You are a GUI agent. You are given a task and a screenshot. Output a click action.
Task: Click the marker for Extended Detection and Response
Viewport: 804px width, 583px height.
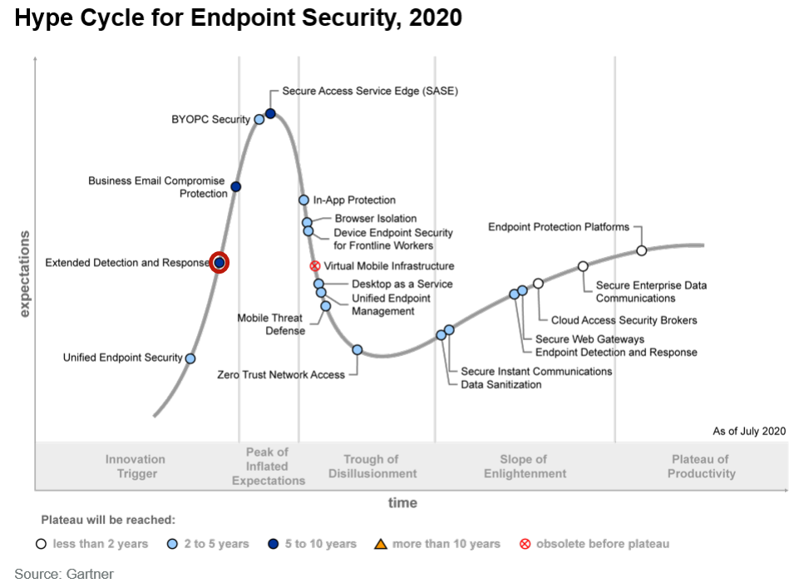click(219, 263)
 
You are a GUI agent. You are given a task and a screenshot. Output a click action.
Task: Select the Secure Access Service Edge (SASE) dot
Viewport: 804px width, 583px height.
click(270, 113)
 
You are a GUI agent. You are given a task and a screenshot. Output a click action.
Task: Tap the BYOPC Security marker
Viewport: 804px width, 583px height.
click(259, 120)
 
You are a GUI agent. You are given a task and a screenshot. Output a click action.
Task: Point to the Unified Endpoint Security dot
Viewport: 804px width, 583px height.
click(190, 358)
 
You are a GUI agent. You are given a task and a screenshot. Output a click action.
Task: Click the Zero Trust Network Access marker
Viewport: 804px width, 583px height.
click(357, 350)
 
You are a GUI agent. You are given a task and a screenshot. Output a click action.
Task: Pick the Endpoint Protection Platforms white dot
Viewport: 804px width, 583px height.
click(641, 250)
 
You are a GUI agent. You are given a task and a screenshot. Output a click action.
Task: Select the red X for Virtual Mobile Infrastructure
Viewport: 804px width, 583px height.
click(315, 266)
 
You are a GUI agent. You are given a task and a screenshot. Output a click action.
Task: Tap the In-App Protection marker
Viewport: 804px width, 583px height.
click(304, 200)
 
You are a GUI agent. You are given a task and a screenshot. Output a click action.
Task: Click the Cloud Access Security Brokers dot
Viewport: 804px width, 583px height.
click(538, 284)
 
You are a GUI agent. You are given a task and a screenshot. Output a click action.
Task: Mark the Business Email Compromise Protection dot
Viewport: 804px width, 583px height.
click(235, 187)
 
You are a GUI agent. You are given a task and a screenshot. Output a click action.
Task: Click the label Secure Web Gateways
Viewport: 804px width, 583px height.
click(589, 339)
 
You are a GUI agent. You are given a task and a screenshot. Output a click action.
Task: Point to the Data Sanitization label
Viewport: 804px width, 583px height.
click(501, 384)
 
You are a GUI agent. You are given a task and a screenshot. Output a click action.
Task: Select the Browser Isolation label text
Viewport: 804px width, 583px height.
click(376, 219)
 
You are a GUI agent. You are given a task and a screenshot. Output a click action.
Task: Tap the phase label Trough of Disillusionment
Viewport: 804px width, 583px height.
click(372, 466)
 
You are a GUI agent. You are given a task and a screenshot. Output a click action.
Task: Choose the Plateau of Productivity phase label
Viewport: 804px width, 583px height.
click(700, 466)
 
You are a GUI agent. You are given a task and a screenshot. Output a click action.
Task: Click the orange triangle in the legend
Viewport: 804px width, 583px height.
click(380, 544)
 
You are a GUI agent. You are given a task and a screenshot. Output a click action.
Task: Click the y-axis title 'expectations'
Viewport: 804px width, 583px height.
click(24, 274)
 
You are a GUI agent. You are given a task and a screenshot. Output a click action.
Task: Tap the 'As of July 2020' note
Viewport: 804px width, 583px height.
click(748, 431)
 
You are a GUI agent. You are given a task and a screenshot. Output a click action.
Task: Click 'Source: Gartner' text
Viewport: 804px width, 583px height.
click(64, 574)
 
